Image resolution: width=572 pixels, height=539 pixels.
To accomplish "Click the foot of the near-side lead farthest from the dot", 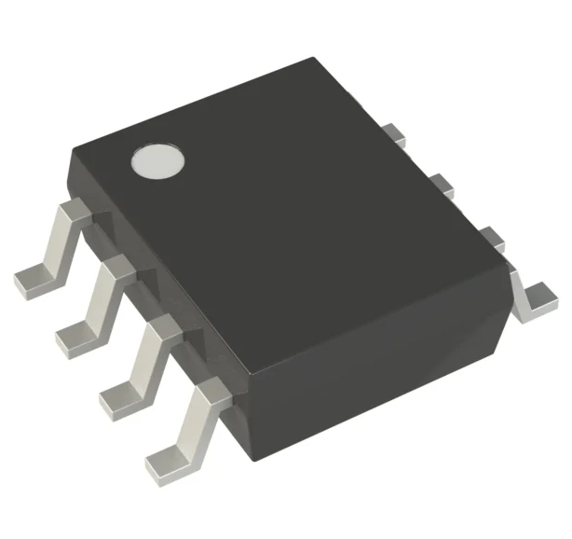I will [x=168, y=455].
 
